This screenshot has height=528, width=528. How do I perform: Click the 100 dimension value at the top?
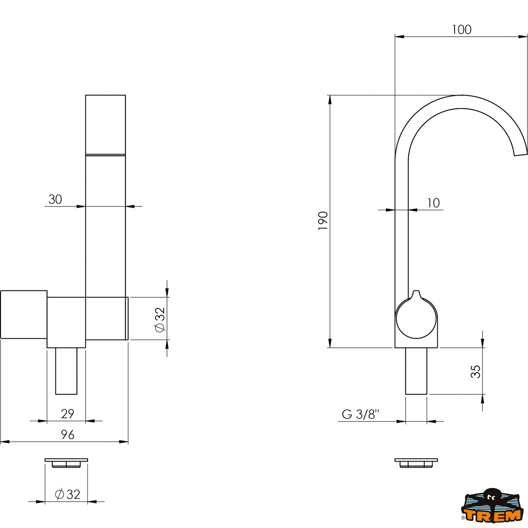(462, 29)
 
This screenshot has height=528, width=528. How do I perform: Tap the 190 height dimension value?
(323, 220)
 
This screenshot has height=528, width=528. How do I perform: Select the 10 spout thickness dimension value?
(433, 203)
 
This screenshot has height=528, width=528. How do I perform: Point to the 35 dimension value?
(476, 371)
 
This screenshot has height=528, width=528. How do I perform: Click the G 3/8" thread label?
(360, 414)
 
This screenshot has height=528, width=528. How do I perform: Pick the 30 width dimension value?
(55, 199)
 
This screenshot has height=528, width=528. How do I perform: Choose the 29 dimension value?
(67, 414)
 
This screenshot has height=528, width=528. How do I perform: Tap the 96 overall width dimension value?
(67, 435)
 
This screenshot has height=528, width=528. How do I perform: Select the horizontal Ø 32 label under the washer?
(67, 494)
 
